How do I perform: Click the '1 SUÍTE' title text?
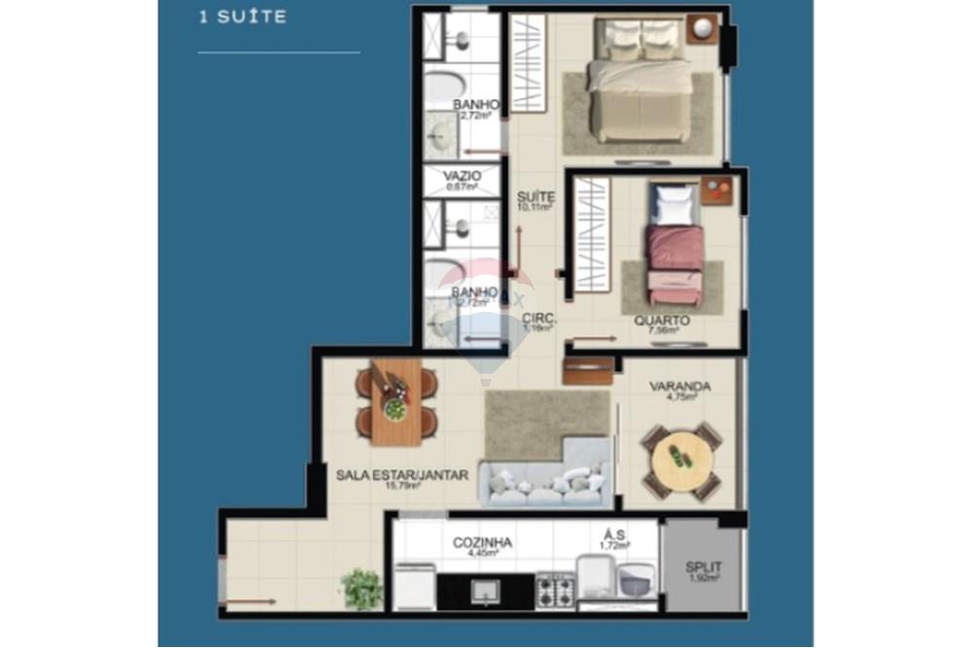(242, 17)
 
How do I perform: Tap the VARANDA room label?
(679, 387)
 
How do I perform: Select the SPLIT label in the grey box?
(703, 566)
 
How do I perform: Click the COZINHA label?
(482, 543)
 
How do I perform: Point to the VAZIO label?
(464, 176)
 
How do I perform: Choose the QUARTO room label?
(662, 321)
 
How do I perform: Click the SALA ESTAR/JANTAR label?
(402, 475)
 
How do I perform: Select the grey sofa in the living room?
(546, 481)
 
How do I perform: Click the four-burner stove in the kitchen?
(555, 589)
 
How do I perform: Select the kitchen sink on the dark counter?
(484, 590)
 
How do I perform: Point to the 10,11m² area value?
(536, 207)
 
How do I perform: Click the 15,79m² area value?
(401, 487)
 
